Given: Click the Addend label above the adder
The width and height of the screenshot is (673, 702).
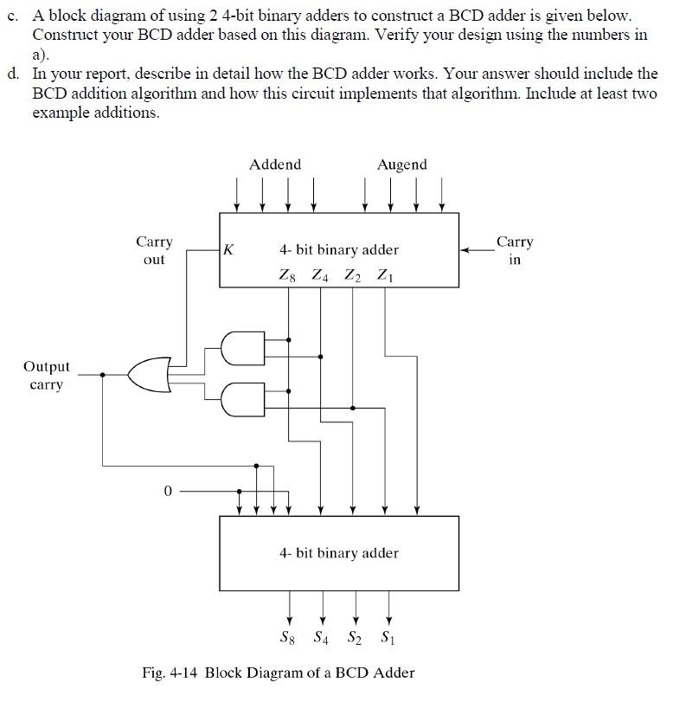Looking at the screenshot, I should pos(275,164).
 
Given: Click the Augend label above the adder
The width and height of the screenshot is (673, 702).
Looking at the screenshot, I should pos(401,164).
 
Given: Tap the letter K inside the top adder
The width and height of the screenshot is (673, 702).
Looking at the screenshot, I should pos(228,250).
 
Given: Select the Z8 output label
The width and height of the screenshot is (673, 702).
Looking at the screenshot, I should pos(287,275).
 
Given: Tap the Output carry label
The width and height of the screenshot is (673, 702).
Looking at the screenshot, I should pos(47,376).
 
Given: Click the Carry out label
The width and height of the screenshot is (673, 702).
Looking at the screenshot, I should pos(154,250).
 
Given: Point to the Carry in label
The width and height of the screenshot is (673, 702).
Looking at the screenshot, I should pos(515,250).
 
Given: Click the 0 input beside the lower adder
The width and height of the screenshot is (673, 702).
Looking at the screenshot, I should pos(168,491).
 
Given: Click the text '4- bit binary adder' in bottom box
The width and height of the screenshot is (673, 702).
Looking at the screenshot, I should pos(339,552).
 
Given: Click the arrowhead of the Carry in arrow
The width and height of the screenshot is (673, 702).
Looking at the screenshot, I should pos(465,250).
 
